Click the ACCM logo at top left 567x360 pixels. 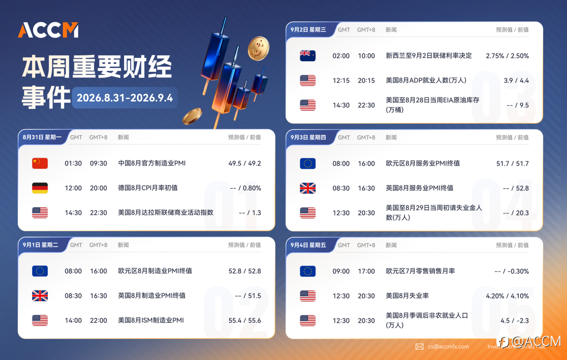tap(48, 30)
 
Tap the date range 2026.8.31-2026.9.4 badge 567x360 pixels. tap(124, 98)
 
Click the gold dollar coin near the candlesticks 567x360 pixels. tap(258, 49)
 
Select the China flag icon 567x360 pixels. tap(40, 163)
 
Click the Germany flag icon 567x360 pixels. tap(40, 188)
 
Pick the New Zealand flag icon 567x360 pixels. tap(307, 56)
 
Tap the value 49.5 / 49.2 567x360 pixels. tap(245, 163)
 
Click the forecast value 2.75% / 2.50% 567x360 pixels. tap(507, 56)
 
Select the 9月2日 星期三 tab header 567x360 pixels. tap(308, 30)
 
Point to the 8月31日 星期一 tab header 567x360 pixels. tap(42, 137)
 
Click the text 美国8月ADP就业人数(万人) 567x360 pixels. tap(426, 81)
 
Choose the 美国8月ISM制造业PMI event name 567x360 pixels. tap(151, 320)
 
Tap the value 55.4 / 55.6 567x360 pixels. tap(245, 321)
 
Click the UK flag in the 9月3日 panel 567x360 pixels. tap(307, 188)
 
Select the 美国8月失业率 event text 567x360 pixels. tap(407, 296)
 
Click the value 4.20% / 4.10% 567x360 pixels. tap(507, 296)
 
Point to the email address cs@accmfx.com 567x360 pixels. tap(448, 347)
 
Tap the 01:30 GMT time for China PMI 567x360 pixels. tap(73, 163)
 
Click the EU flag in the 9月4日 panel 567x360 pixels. tap(307, 271)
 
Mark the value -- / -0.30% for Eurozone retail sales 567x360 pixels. tap(512, 271)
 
